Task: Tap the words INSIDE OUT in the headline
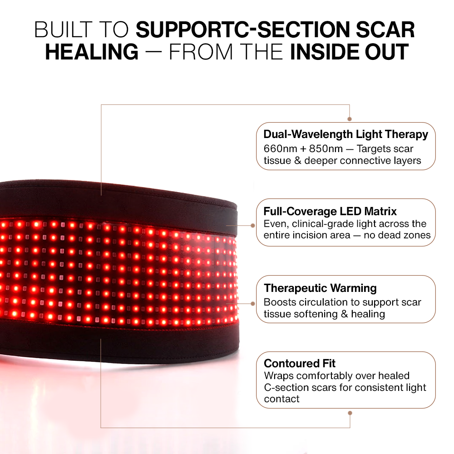click(350, 52)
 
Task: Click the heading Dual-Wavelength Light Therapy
click(345, 134)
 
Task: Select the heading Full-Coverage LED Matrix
click(330, 211)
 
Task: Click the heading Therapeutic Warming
click(320, 288)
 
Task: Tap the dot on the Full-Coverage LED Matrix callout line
click(253, 225)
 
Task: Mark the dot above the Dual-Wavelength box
click(350, 119)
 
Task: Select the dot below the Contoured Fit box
click(350, 413)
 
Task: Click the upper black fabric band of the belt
click(113, 200)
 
